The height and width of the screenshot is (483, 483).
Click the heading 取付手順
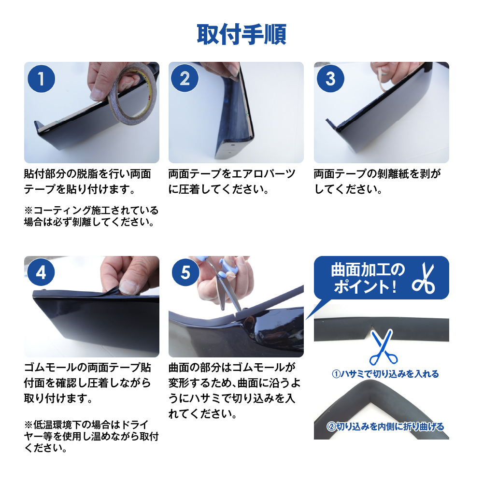click(241, 34)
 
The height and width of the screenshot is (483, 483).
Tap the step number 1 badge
click(41, 79)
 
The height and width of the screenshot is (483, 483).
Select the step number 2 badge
click(185, 78)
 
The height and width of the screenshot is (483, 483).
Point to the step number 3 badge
click(330, 78)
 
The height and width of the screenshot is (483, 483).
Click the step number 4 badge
click(41, 272)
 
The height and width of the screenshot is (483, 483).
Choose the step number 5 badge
click(185, 272)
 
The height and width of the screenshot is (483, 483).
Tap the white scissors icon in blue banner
click(424, 278)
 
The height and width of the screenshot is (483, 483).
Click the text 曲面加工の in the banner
click(368, 270)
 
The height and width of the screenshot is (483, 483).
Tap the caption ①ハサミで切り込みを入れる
click(385, 374)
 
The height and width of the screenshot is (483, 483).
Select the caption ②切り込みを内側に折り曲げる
click(385, 426)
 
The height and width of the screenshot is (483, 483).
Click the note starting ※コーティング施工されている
click(91, 216)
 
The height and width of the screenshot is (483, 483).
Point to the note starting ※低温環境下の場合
click(91, 436)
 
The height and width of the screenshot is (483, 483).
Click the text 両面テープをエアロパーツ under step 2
click(232, 174)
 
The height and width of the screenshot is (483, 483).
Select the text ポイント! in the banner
click(365, 287)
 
